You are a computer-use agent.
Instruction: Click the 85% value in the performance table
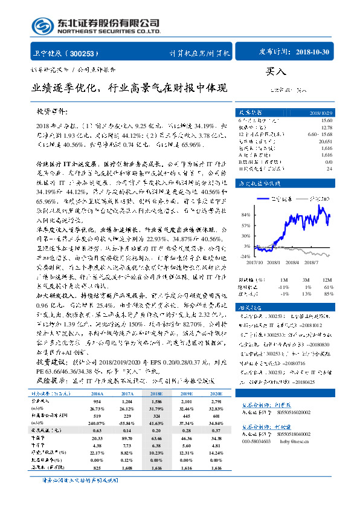tap(328, 293)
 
